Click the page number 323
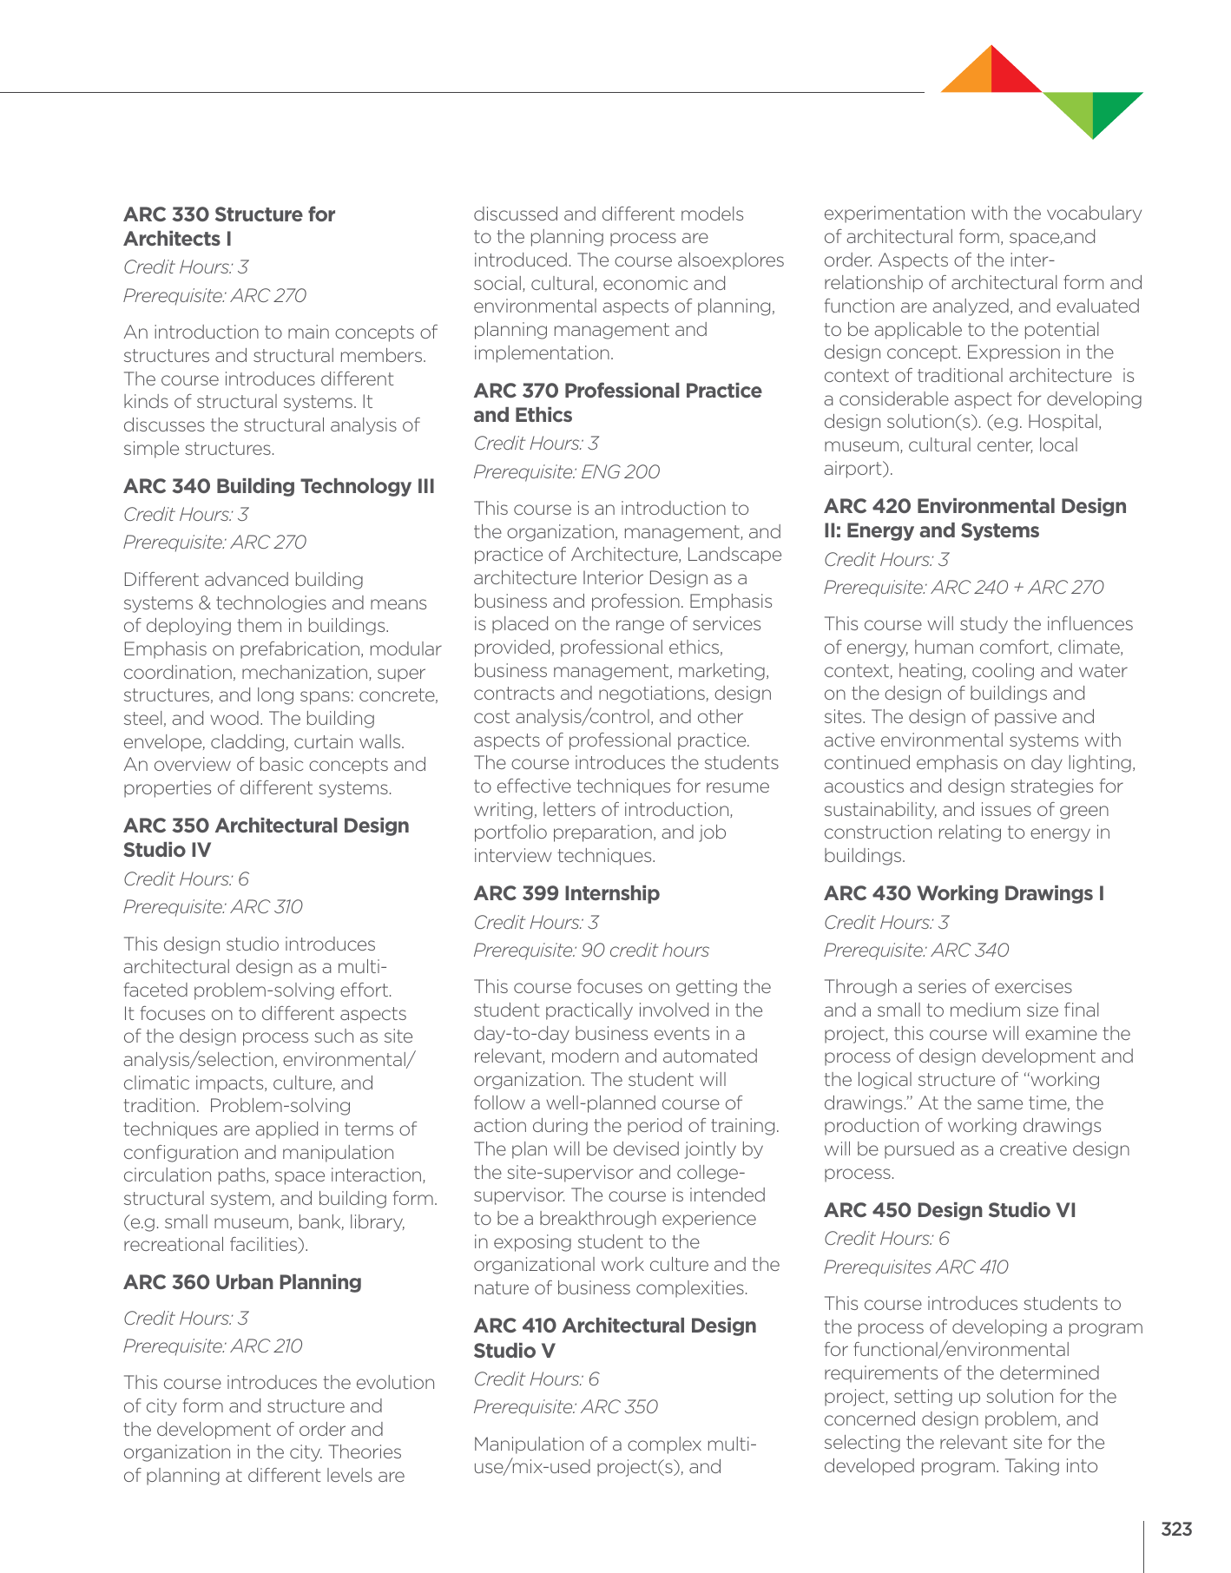1176,1529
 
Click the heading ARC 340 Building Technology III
279,486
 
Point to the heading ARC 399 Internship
566,893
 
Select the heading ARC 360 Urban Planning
242,1282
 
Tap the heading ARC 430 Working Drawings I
964,893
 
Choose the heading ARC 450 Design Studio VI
950,1210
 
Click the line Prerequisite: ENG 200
566,471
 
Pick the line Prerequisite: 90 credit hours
590,951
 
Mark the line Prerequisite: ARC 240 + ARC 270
964,588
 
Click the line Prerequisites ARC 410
916,1267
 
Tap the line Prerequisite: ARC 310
213,907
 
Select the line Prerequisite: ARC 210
213,1346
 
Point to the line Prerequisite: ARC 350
565,1406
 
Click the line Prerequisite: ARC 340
916,951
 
